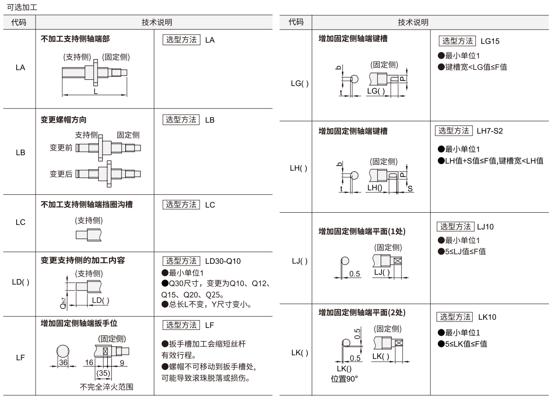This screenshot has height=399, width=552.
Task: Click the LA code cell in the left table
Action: click(x=20, y=67)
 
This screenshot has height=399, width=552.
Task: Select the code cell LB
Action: click(x=20, y=153)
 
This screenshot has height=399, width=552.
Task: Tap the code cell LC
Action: click(x=20, y=222)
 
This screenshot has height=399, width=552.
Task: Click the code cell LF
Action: click(x=20, y=357)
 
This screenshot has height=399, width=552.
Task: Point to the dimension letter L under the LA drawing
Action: click(x=96, y=91)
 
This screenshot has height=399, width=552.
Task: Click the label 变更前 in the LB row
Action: click(x=61, y=148)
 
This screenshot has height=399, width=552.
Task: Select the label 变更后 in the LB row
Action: click(x=61, y=174)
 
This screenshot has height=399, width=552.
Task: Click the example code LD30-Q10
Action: click(x=223, y=261)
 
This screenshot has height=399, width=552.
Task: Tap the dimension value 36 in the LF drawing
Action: click(x=63, y=363)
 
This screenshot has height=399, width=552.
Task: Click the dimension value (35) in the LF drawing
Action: click(x=103, y=373)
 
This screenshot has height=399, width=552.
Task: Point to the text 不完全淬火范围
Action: click(x=107, y=387)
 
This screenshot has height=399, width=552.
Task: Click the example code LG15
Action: click(x=490, y=41)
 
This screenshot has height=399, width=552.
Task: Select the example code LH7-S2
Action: click(x=490, y=131)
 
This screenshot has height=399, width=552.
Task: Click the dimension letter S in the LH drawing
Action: click(x=410, y=189)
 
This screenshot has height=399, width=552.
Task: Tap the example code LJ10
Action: click(x=485, y=227)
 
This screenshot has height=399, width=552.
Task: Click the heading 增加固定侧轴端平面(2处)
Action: click(x=362, y=313)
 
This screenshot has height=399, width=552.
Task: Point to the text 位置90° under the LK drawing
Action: click(x=344, y=379)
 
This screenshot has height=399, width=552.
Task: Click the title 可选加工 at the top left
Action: click(x=22, y=7)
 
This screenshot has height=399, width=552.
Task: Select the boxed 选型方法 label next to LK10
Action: click(x=455, y=317)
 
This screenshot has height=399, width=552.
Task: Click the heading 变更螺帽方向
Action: click(x=64, y=120)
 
